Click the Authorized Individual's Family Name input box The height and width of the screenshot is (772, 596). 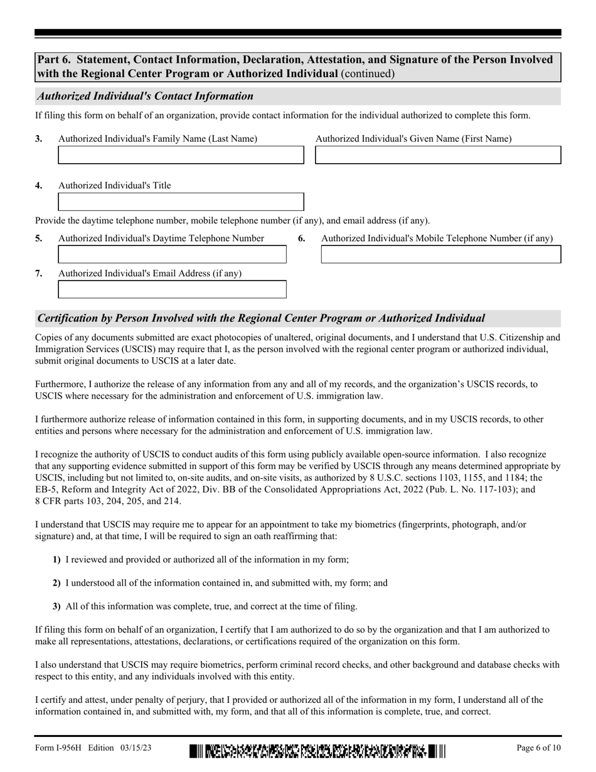tap(181, 155)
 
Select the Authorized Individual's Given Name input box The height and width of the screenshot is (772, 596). tap(437, 155)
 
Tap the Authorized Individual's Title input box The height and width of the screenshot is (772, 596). tap(181, 201)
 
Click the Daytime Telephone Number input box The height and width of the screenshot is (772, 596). tap(172, 254)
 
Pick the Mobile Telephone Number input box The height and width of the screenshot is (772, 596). tap(440, 254)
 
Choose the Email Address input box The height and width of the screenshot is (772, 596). tap(172, 289)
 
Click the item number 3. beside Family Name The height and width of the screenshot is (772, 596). tap(39, 139)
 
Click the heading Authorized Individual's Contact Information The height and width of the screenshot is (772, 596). tap(146, 96)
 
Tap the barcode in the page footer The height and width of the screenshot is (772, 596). tap(317, 751)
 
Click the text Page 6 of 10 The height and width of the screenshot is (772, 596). tap(538, 748)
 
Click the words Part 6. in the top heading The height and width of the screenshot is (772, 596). tap(53, 60)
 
